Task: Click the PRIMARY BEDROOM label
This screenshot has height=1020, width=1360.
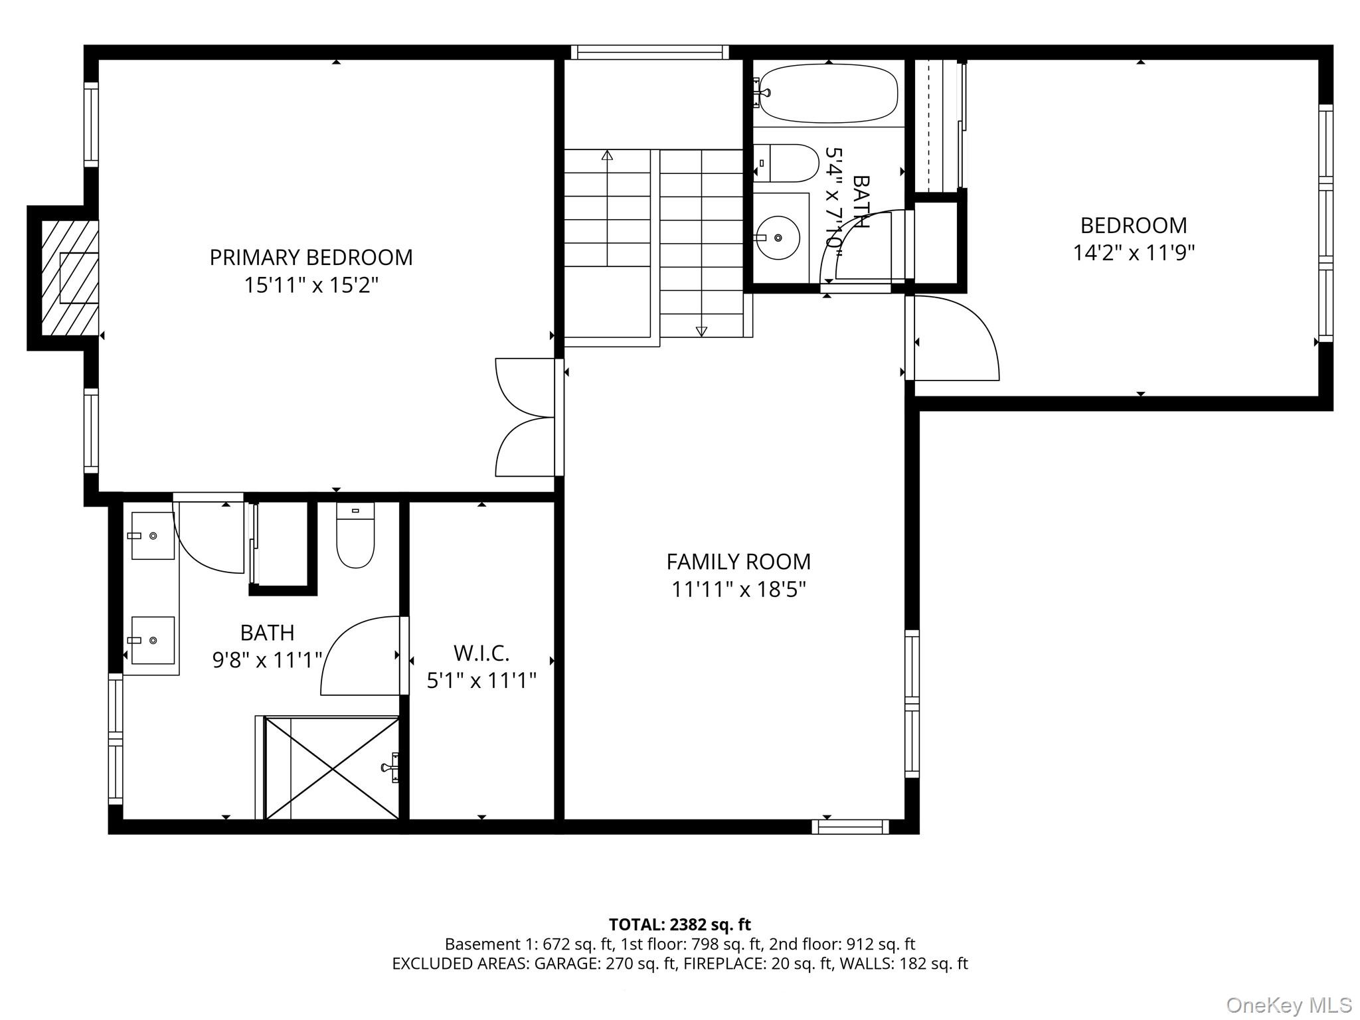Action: click(x=311, y=257)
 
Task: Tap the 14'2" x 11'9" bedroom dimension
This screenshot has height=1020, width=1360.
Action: click(x=1134, y=253)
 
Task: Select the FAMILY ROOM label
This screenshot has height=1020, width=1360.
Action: click(x=738, y=562)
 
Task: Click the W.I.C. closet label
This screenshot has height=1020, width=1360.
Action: click(x=481, y=653)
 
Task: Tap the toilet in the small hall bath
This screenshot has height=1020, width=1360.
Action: click(x=788, y=163)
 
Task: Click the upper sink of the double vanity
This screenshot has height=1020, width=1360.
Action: click(x=153, y=535)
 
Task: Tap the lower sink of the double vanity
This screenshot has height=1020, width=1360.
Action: click(x=153, y=640)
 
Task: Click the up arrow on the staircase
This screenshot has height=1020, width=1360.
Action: click(x=606, y=155)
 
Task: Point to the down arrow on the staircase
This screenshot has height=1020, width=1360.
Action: click(x=701, y=331)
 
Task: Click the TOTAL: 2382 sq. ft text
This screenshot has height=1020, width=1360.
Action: click(x=679, y=924)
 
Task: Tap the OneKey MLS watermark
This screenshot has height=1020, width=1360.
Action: click(x=1289, y=1005)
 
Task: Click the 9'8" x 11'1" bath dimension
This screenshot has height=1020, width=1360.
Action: click(x=267, y=660)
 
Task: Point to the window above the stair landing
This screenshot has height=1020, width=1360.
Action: click(x=649, y=52)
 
